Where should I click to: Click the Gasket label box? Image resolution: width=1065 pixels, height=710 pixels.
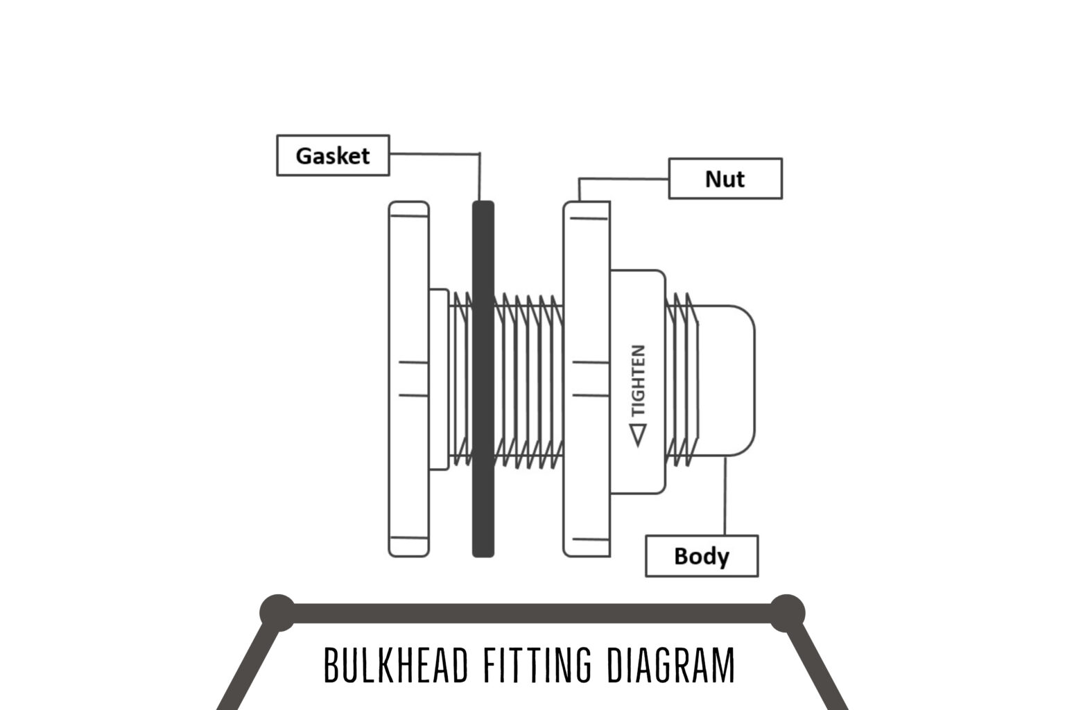[x=333, y=155]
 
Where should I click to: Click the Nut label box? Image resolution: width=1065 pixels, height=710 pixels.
[x=725, y=179]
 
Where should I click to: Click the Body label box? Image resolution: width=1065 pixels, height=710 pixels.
[x=702, y=556]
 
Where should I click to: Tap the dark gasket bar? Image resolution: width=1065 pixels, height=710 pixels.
[x=483, y=379]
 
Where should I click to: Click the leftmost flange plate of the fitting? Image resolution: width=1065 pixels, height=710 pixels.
[x=409, y=379]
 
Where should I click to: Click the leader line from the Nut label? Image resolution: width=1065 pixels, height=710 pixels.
[x=624, y=179]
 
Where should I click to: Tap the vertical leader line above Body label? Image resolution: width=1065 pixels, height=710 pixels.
[x=725, y=496]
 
